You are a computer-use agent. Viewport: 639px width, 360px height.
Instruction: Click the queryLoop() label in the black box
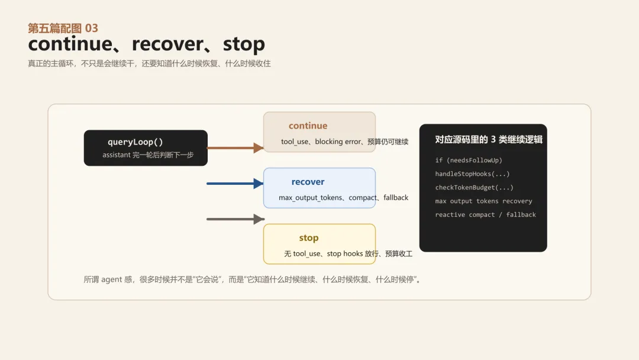coord(135,142)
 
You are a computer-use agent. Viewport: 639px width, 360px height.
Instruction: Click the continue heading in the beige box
coord(308,126)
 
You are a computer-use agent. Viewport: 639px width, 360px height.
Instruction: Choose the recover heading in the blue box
coord(308,182)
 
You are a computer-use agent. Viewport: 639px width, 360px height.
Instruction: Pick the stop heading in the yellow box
coord(308,237)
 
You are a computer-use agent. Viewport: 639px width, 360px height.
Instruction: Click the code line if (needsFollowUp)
coord(469,160)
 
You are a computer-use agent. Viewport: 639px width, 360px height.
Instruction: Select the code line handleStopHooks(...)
coord(472,173)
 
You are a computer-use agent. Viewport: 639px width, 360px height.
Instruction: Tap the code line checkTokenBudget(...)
coord(475,187)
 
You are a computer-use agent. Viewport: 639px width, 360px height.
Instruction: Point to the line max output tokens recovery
coord(483,201)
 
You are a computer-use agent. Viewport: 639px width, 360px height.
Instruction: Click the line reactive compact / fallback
coord(485,214)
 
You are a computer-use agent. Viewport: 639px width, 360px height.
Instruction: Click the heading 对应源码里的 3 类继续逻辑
coord(489,140)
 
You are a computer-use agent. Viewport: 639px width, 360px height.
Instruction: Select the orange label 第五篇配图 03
coord(63,28)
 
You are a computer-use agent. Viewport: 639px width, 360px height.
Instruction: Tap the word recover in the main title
coord(167,44)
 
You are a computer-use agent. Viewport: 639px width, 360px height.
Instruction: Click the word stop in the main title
coord(244,44)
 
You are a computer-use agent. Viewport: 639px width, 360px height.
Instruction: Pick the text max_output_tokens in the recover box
coord(311,198)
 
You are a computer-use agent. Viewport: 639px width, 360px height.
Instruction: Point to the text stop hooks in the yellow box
coord(343,253)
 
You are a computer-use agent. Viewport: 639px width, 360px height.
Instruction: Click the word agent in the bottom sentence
coord(112,279)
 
